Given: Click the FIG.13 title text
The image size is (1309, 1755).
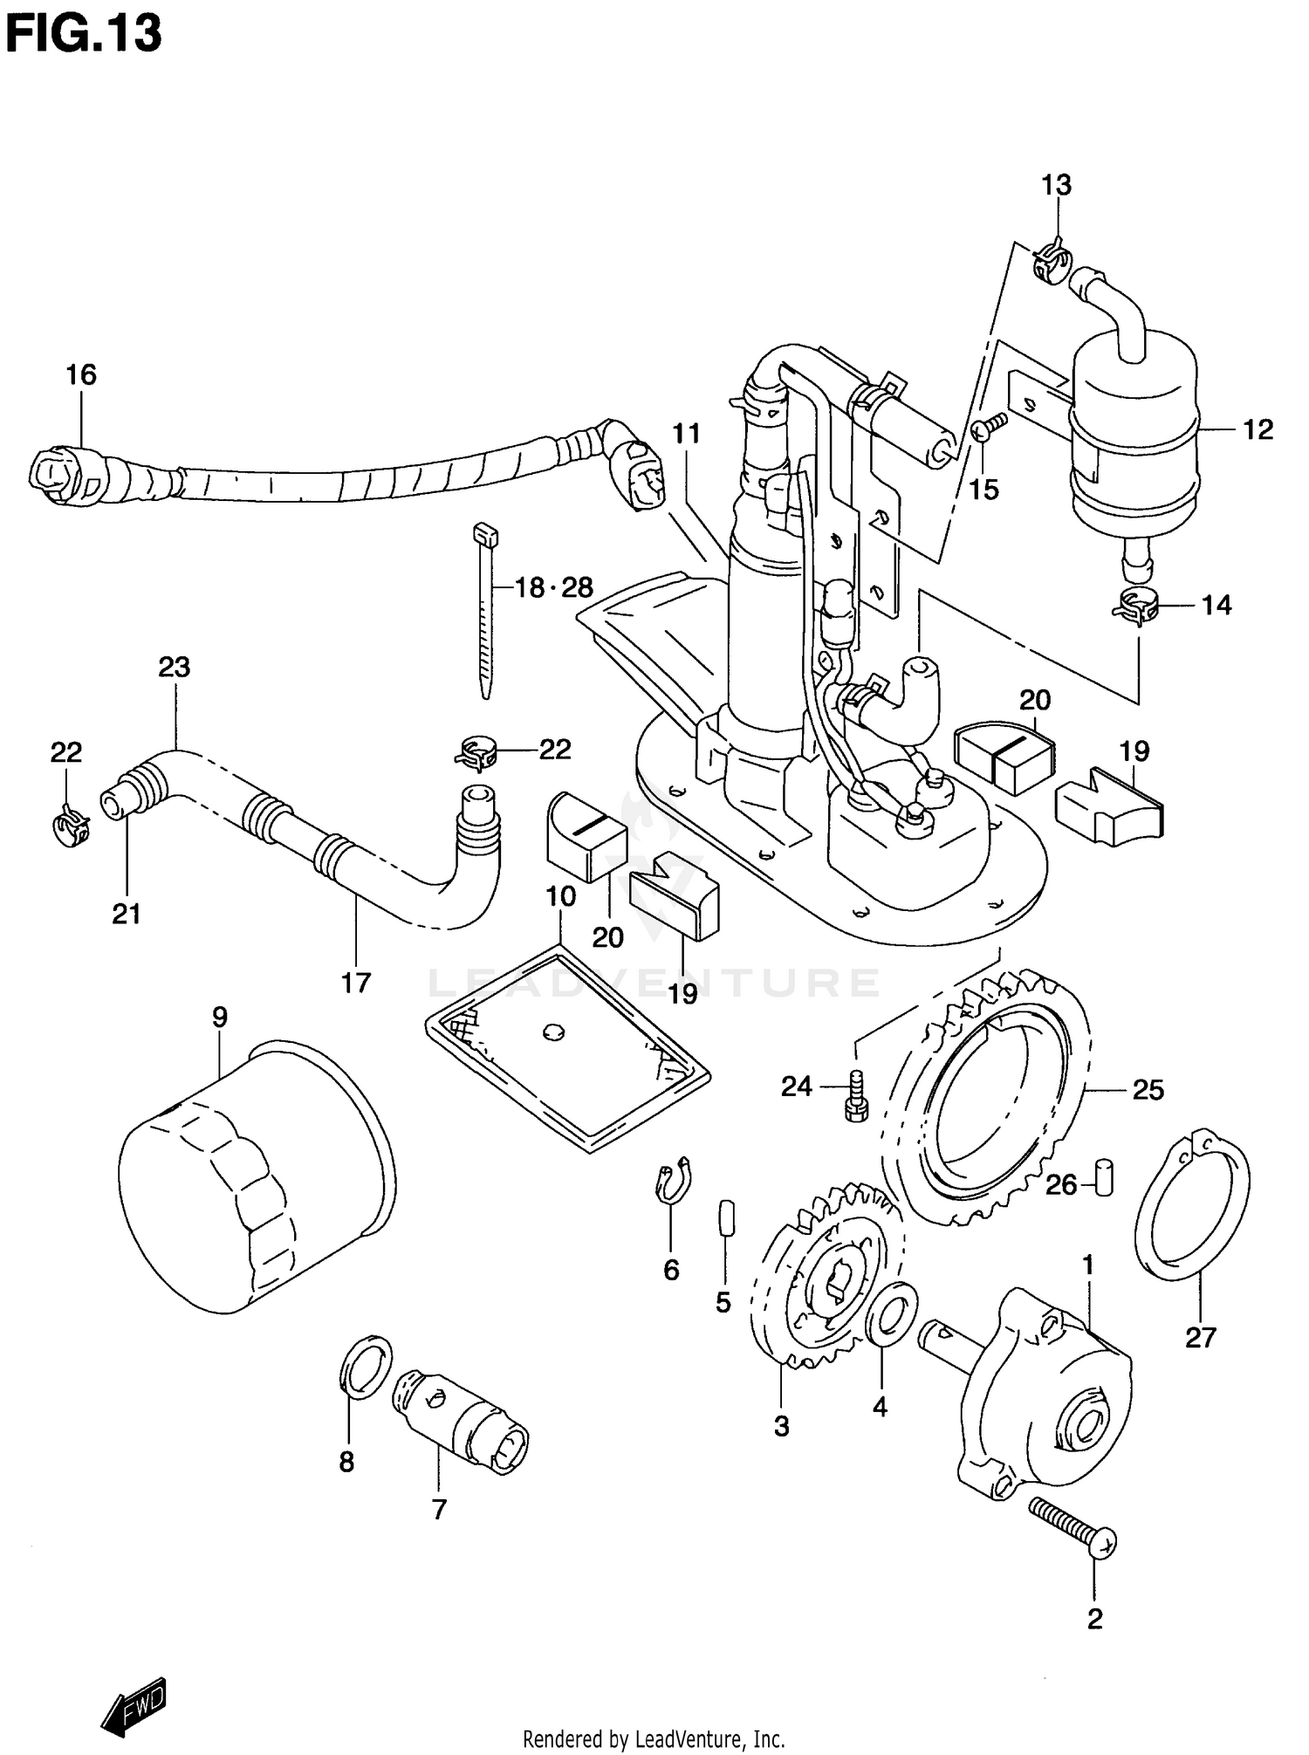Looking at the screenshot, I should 84,35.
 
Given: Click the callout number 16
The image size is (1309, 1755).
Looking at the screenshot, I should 81,375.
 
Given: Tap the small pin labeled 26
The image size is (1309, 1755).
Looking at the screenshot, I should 1104,1178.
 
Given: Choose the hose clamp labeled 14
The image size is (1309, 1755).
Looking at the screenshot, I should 1135,607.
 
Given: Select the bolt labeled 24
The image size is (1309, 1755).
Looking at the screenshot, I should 854,1096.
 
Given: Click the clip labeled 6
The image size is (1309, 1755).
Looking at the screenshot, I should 673,1181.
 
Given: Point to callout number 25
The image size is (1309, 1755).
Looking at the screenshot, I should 1148,1090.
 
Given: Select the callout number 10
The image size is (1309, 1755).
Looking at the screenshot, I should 561,896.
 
